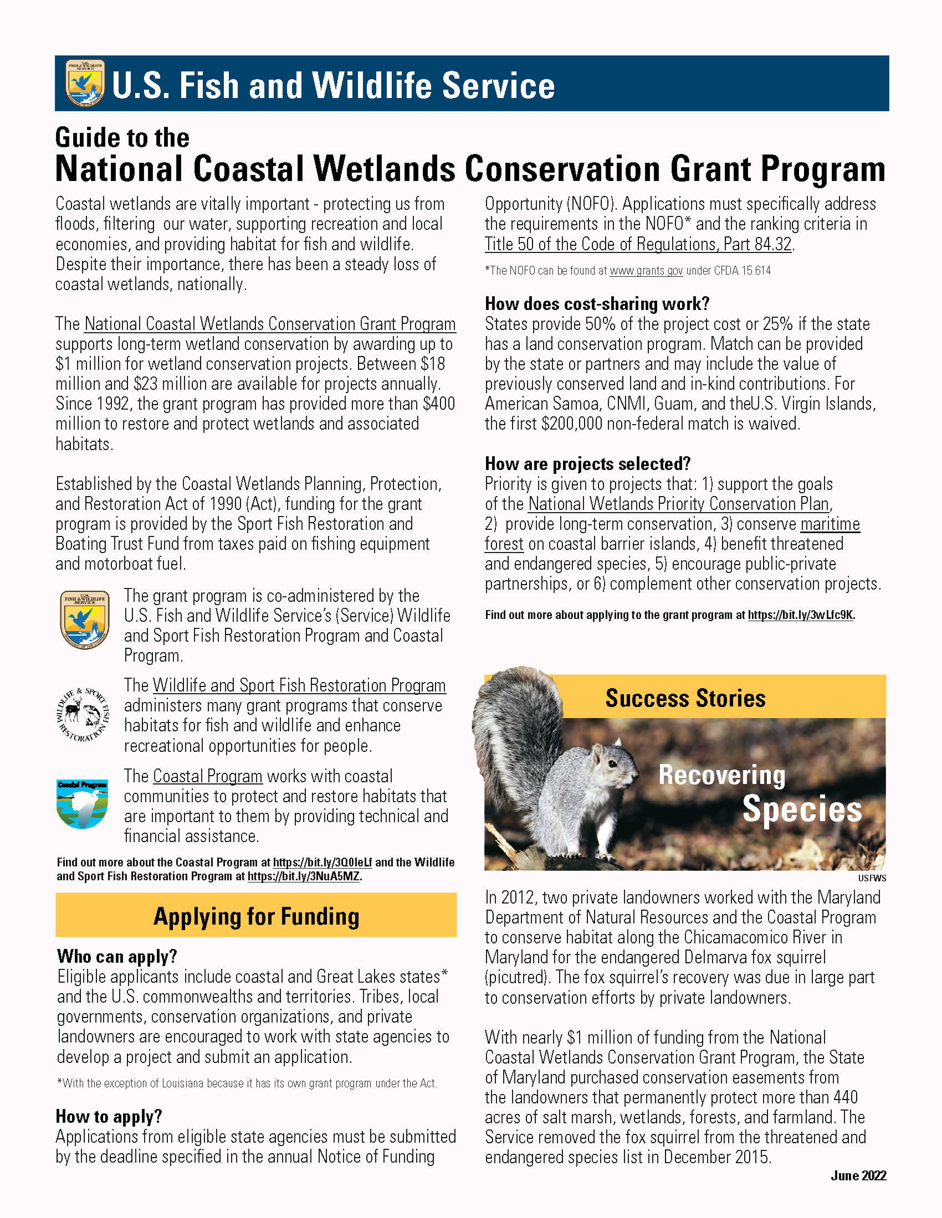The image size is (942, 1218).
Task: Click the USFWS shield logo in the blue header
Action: click(x=84, y=83)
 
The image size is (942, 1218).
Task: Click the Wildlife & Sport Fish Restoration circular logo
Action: click(x=84, y=715)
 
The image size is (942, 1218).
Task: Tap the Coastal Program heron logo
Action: click(x=83, y=804)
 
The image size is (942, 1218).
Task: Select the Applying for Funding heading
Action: click(x=256, y=916)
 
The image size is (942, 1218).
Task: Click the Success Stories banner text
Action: click(x=685, y=698)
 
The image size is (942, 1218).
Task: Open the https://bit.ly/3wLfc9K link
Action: click(x=800, y=615)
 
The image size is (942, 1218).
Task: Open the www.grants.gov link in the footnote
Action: click(x=646, y=271)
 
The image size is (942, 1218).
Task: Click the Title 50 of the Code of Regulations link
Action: click(x=638, y=244)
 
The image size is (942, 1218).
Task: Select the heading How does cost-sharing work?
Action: click(x=597, y=304)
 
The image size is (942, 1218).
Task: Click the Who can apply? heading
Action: click(x=116, y=957)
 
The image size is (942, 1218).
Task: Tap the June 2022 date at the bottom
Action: click(x=858, y=1175)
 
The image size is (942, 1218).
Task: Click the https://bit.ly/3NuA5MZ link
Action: click(x=304, y=876)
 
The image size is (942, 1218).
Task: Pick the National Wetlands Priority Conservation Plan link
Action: click(x=679, y=504)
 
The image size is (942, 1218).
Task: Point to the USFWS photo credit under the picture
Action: click(x=872, y=879)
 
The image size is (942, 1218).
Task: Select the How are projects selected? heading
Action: click(x=587, y=464)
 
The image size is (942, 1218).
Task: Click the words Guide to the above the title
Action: click(x=122, y=138)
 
